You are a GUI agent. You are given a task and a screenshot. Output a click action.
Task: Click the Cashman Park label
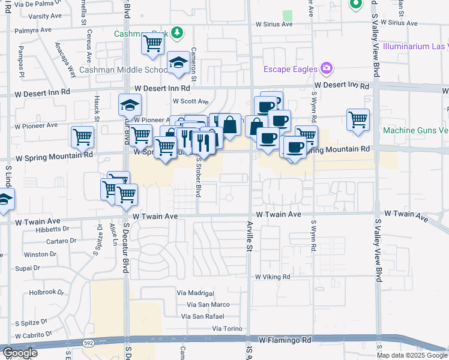(141, 33)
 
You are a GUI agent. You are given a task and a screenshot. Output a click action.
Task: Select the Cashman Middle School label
(123, 70)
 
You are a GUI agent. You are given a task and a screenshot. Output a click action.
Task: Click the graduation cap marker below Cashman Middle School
(178, 64)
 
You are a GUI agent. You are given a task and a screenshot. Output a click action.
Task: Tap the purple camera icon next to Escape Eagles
(326, 68)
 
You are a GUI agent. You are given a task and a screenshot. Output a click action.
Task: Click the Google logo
(20, 353)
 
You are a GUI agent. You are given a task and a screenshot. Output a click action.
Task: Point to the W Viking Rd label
(272, 277)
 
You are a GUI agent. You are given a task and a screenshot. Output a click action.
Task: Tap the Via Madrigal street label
(195, 293)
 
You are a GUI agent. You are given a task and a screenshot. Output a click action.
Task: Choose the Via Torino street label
(227, 329)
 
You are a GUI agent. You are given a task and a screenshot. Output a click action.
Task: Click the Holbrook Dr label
(46, 293)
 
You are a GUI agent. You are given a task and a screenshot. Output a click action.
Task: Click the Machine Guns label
(415, 130)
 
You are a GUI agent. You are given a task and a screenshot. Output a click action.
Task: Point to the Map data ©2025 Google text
(411, 355)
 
